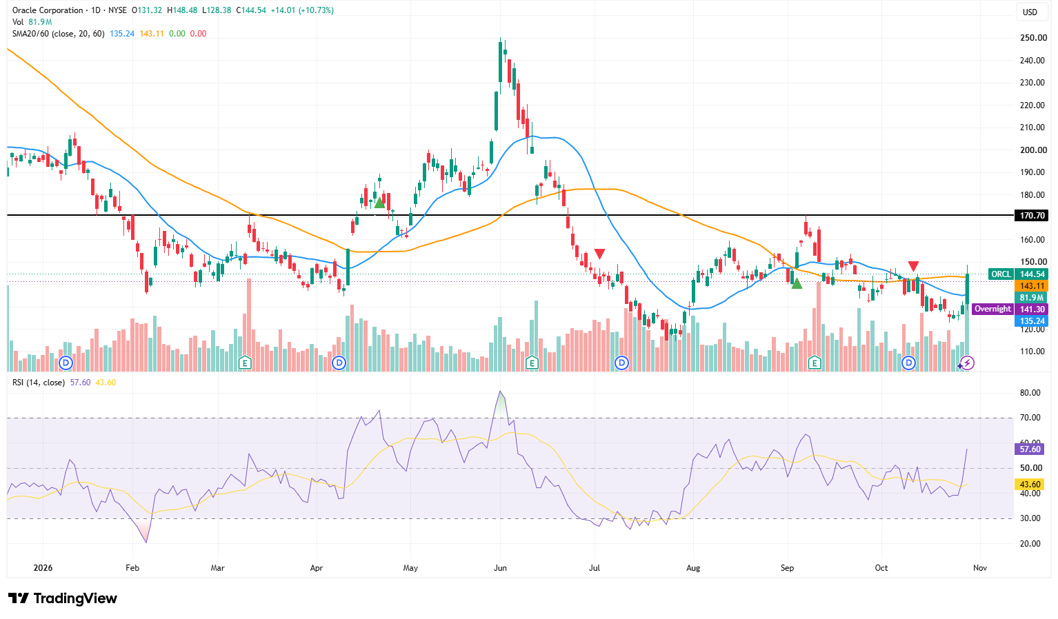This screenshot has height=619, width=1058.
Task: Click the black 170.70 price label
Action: pos(1031,215)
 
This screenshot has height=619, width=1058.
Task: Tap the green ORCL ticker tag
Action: pos(1001,274)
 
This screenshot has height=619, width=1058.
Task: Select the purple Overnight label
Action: pos(992,309)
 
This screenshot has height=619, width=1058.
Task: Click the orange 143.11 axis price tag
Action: pos(1031,285)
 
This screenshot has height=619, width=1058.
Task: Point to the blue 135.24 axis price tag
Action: pos(1031,321)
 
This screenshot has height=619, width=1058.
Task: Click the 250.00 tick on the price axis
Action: pos(1033,38)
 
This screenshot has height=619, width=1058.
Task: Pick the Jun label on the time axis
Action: pos(500,567)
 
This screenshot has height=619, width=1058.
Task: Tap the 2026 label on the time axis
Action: pos(43,567)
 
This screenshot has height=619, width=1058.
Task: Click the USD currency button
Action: pos(1030,12)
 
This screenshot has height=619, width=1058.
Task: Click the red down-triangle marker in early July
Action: pos(599,254)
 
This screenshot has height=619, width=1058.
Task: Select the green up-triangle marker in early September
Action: pos(797,283)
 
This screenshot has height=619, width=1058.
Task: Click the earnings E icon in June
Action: pos(532,363)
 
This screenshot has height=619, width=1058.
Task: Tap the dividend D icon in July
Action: pos(622,363)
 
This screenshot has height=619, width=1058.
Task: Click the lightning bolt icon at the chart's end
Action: pos(968,363)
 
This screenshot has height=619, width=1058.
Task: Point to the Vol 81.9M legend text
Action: pos(32,22)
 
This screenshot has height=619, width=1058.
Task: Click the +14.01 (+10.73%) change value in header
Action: pos(302,10)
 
